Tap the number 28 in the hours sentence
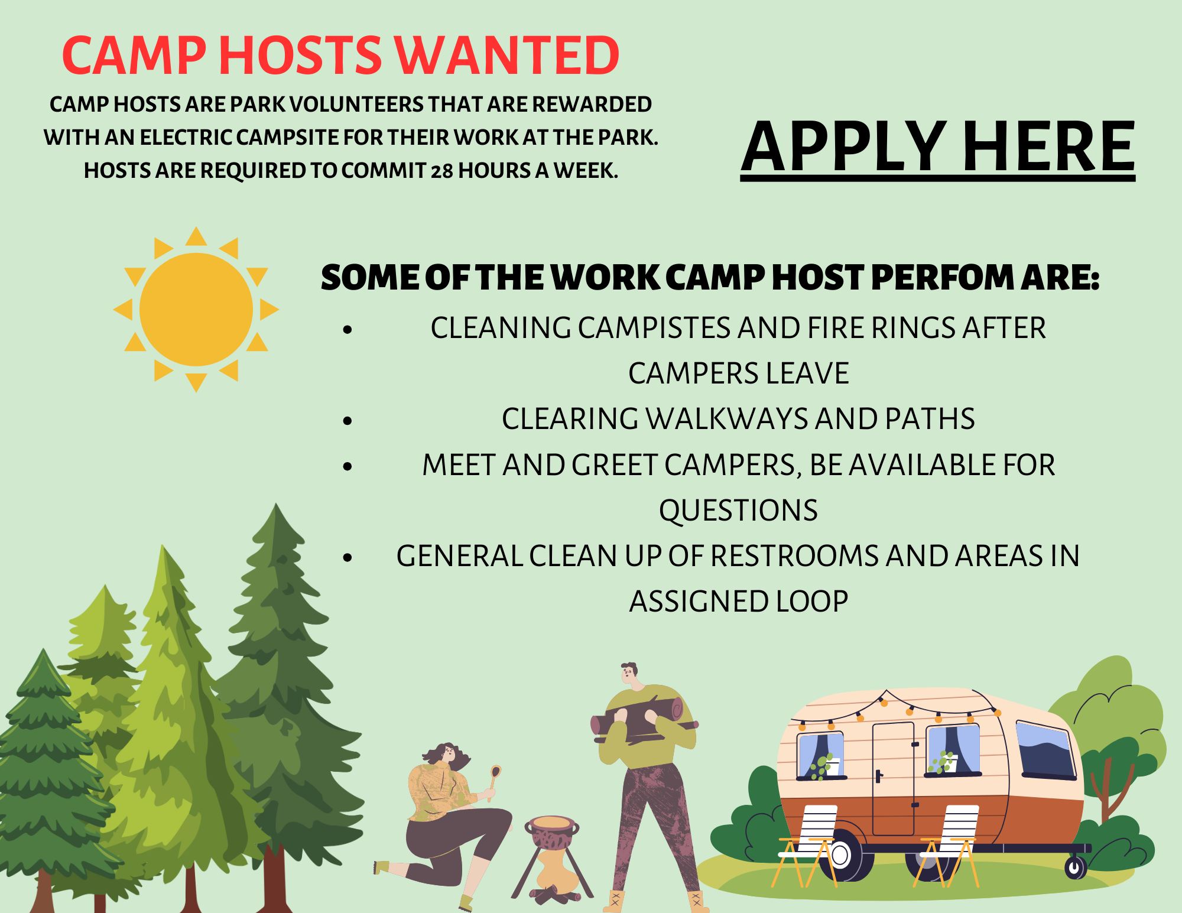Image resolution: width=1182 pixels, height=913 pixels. click(x=441, y=171)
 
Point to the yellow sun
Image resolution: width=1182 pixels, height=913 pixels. click(x=196, y=309)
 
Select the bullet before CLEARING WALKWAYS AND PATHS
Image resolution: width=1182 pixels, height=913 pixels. click(x=348, y=421)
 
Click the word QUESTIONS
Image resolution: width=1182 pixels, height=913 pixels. click(x=738, y=511)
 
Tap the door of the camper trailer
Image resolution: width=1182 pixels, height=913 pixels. click(x=894, y=778)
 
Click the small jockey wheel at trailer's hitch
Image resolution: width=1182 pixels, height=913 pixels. click(x=1075, y=867)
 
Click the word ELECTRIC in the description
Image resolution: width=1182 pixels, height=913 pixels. click(x=186, y=138)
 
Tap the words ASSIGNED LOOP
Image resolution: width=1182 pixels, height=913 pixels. click(x=738, y=602)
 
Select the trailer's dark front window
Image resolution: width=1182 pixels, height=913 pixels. click(x=1045, y=749)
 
